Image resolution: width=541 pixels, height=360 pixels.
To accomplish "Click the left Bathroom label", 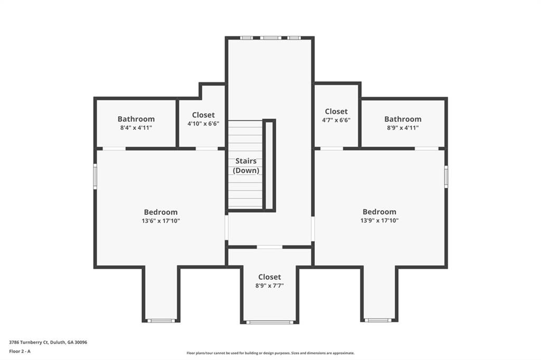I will [x=136, y=119].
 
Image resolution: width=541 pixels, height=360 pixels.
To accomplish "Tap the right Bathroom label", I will [x=403, y=119].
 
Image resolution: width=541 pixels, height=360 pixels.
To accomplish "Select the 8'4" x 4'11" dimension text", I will [x=136, y=128].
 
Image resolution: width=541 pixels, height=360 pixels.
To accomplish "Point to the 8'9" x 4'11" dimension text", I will [x=403, y=128].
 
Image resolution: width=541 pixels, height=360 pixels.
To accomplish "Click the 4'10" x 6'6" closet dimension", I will [x=203, y=124].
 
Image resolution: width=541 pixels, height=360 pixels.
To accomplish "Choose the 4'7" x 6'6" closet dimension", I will [x=336, y=120].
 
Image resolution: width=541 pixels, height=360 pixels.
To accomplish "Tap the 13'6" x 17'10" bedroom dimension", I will [x=161, y=221].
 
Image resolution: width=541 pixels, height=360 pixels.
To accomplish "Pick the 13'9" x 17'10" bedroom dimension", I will [x=379, y=221].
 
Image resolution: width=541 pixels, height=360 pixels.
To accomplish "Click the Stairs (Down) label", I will [x=245, y=166].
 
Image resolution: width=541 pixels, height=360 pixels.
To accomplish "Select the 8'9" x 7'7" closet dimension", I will [x=269, y=286].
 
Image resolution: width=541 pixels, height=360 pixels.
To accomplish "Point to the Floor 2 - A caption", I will [x=20, y=350].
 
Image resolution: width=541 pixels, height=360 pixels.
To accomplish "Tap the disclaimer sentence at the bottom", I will [x=270, y=353].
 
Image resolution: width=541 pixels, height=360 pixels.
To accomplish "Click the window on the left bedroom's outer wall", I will [x=95, y=176].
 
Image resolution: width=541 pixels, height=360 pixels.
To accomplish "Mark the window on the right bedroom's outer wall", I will [x=446, y=176].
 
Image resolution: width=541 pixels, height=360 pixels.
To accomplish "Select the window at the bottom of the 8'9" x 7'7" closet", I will [x=269, y=321].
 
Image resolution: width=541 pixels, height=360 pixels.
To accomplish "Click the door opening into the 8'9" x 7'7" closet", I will [x=269, y=247].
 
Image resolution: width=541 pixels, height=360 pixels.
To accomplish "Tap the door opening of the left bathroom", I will [x=114, y=149].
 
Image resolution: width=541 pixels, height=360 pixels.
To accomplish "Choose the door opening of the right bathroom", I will [x=426, y=149].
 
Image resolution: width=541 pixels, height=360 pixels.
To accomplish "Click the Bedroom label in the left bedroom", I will [x=161, y=212].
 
